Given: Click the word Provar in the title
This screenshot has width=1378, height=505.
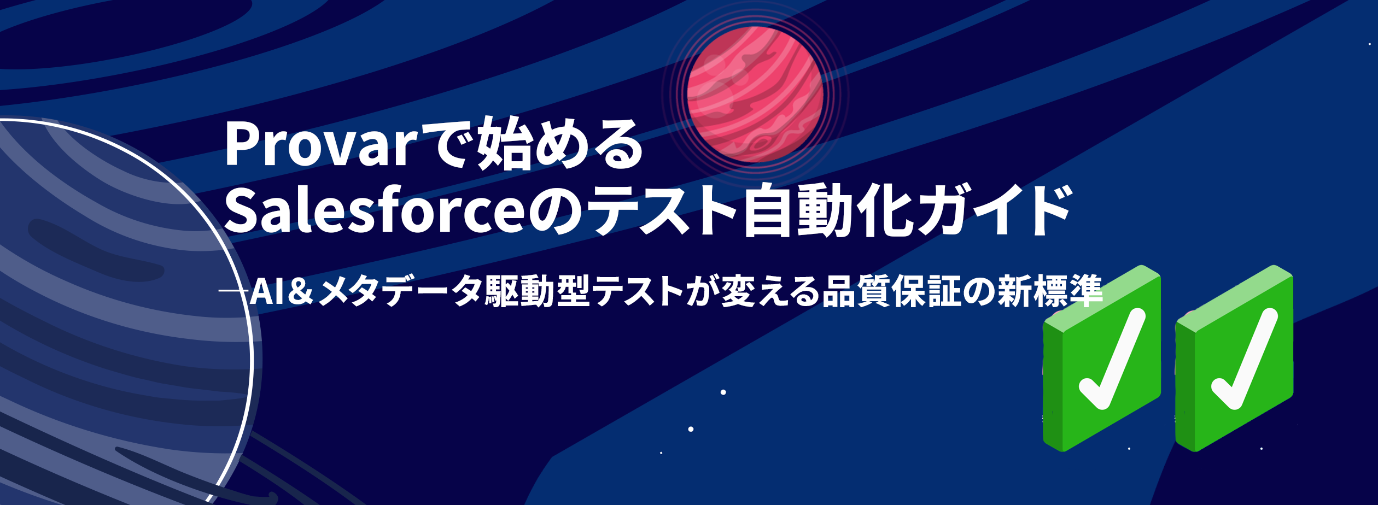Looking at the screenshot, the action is click(x=321, y=144).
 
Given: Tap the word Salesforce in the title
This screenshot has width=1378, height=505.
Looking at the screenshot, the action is click(x=375, y=210).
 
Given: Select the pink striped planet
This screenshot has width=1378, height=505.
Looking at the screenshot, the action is click(x=755, y=94).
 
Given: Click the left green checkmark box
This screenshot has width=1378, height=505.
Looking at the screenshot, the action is click(x=1101, y=358).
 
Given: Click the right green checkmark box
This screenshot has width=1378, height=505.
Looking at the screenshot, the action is click(x=1234, y=358).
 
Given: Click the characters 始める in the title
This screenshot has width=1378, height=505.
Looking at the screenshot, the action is click(x=560, y=144).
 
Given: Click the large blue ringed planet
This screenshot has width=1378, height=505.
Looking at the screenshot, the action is click(x=126, y=312).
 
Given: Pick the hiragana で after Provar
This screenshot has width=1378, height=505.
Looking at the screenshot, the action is click(x=447, y=144).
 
